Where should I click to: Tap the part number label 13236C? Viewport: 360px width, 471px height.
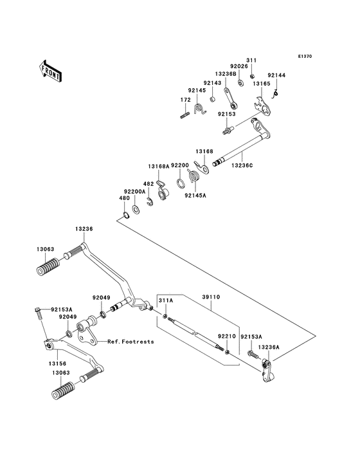point(242,165)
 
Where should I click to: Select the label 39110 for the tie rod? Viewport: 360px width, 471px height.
point(210,297)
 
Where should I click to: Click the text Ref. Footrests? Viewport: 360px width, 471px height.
point(130,342)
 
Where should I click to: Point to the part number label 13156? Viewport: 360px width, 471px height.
point(57,364)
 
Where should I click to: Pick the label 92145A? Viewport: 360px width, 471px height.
point(195,195)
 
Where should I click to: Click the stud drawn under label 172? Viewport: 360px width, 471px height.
point(185,115)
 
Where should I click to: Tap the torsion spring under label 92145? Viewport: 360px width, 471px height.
point(200,109)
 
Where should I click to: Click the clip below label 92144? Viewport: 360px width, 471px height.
point(276,95)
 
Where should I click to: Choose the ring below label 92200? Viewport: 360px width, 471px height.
point(181,183)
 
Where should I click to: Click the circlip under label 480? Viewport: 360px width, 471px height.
point(126,215)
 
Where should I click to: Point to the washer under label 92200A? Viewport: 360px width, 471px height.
point(135,208)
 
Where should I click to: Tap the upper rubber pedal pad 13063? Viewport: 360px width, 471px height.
point(48,266)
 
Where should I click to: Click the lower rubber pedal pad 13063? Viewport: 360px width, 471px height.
point(63,391)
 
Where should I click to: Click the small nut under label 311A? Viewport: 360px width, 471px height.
point(165,316)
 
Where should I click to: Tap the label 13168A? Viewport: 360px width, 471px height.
point(159,166)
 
